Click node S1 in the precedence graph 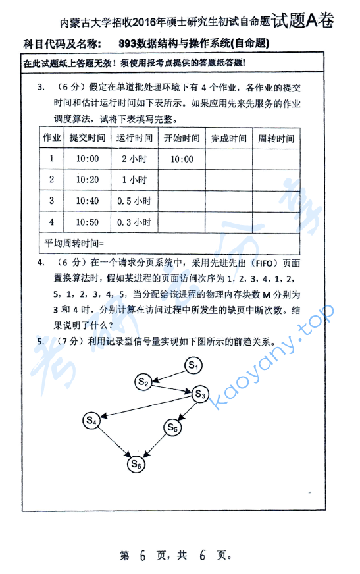193,364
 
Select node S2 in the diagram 144,381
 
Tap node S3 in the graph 200,394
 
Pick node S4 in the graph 92,419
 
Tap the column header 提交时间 87,138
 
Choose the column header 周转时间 276,138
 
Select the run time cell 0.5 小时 134,201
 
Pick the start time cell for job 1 181,159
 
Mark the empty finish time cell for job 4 228,222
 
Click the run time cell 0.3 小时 134,222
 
